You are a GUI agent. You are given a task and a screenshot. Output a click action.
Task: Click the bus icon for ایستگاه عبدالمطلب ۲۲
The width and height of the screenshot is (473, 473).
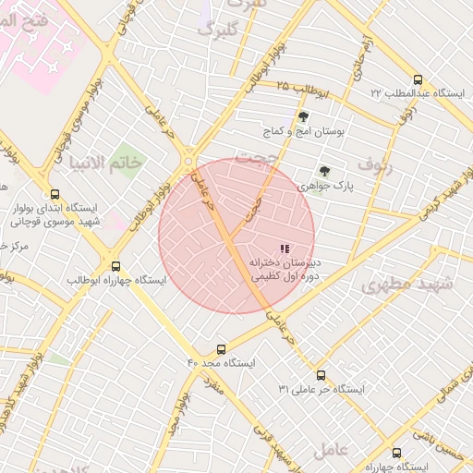[418, 79]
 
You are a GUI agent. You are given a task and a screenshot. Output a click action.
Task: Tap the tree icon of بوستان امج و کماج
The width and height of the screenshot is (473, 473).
[304, 116]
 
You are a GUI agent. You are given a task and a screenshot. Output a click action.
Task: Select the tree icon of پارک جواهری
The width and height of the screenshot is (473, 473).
[324, 170]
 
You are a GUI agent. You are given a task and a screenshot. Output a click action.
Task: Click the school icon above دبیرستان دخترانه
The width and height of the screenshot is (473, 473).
[285, 248]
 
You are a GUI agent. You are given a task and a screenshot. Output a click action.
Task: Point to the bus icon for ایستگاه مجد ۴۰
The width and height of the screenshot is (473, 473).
[220, 349]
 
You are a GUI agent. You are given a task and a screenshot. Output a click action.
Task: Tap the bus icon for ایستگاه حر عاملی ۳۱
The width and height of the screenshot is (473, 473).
[321, 375]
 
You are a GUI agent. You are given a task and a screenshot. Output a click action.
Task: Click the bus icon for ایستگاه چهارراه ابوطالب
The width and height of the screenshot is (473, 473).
[115, 265]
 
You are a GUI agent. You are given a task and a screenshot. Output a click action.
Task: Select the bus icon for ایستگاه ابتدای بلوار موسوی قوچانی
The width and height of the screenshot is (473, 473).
[55, 195]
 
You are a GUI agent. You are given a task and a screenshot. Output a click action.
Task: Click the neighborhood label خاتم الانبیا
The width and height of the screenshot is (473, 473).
[110, 163]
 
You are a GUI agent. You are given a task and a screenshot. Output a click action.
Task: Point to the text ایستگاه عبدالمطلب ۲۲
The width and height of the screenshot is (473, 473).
[415, 93]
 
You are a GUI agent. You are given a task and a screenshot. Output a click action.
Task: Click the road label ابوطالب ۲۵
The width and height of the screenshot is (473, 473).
[301, 89]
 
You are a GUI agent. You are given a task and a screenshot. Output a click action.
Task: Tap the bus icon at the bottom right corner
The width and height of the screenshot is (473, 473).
[397, 454]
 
